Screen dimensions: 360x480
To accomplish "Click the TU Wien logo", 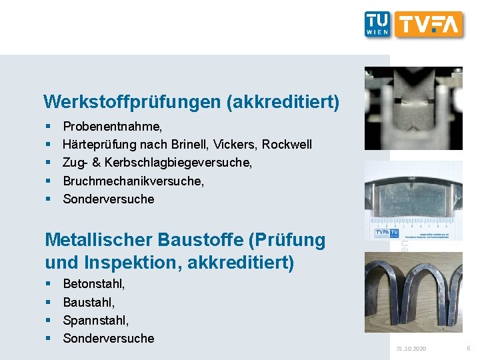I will click(377, 24).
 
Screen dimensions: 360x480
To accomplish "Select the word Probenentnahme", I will click(111, 126).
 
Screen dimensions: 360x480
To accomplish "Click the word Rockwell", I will click(287, 144).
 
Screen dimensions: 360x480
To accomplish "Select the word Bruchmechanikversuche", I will click(133, 181).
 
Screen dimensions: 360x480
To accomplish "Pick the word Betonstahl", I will click(93, 284).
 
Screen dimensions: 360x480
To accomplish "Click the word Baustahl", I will click(89, 302).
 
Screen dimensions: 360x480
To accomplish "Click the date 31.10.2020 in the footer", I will click(411, 349).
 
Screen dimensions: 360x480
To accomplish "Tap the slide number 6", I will click(468, 348).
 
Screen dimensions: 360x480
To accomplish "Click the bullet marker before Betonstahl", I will click(49, 284).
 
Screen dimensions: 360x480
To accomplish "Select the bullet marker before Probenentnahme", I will click(49, 126).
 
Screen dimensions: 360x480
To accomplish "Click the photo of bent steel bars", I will click(413, 291).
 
